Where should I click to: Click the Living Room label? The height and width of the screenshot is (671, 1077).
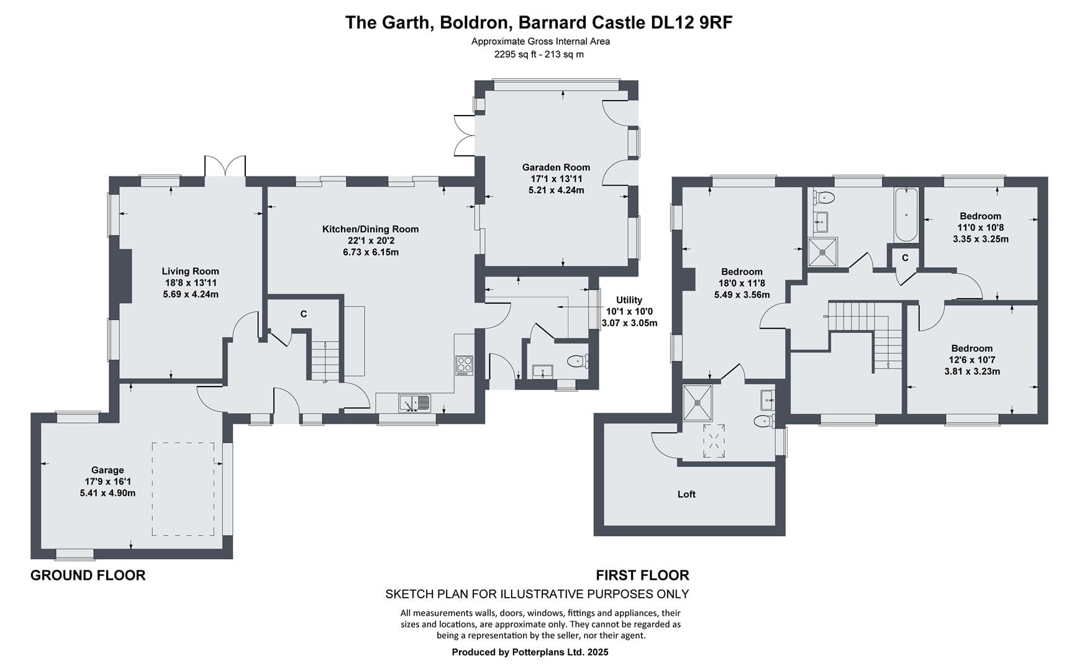[x=190, y=271]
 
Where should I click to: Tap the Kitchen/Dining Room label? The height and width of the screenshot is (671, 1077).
[x=370, y=229]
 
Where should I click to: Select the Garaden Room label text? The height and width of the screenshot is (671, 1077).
[x=556, y=167]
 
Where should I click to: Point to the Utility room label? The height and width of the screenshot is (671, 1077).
[x=629, y=300]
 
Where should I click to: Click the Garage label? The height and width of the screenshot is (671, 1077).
[x=107, y=470]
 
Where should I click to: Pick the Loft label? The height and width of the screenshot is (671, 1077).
[x=686, y=495]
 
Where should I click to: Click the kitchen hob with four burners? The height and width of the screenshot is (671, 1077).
[x=464, y=365]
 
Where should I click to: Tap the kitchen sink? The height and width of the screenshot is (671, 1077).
[x=414, y=403]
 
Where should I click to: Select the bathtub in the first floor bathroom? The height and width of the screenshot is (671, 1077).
[x=906, y=215]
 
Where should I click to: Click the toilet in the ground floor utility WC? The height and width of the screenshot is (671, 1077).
[x=577, y=361]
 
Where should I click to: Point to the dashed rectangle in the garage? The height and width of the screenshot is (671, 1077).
[x=183, y=489]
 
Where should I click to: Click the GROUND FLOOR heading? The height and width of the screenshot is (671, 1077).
[x=88, y=575]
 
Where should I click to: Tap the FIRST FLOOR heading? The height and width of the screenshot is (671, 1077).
[x=643, y=575]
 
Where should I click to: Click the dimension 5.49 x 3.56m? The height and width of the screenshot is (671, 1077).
[x=742, y=295]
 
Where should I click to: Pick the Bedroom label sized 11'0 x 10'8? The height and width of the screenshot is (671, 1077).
[x=980, y=216]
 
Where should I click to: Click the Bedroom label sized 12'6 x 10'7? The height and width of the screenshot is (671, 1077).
[x=972, y=349]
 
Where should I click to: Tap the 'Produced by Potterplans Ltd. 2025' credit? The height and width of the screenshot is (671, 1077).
[x=530, y=652]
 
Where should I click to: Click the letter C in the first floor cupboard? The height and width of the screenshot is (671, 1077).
[x=905, y=258]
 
